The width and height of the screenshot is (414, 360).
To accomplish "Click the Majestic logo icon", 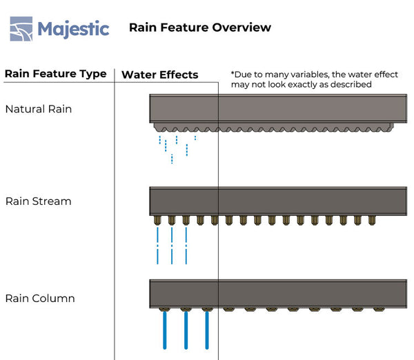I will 21,28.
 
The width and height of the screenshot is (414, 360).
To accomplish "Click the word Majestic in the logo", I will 73,28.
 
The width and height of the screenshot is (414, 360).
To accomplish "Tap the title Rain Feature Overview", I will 200,28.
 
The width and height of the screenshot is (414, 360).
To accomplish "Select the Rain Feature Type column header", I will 55,74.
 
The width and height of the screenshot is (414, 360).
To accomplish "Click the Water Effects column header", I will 159,74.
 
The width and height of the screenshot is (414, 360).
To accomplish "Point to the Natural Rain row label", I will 38,109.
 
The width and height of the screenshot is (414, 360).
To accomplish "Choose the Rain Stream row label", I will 38,201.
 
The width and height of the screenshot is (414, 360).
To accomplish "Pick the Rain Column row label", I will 40,299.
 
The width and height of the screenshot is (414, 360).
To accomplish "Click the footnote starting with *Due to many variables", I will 314,79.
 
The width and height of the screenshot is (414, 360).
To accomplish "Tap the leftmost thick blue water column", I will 165,332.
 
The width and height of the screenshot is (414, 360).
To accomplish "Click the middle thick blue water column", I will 186,332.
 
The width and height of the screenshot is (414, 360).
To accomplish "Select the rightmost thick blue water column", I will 206,332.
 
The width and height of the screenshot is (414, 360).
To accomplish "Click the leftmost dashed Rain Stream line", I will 158,245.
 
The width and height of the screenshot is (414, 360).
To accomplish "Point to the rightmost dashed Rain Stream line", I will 186,245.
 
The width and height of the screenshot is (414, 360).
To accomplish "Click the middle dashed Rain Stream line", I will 172,245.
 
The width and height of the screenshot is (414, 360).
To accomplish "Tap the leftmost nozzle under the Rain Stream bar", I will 157,220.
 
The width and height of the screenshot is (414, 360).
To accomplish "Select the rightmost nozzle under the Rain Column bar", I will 378,310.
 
